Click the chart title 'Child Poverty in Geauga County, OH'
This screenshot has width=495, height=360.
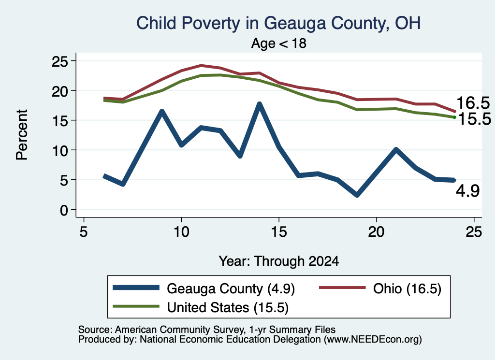point(278,23)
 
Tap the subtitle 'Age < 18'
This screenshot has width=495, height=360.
point(279,43)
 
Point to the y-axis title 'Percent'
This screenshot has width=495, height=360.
point(22,135)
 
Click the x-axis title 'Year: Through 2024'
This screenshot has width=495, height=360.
point(279,261)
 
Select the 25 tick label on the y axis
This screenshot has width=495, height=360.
point(60,61)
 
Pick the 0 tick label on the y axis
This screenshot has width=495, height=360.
point(64,210)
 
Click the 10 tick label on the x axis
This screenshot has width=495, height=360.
point(181,232)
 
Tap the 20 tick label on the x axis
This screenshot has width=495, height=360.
point(376,232)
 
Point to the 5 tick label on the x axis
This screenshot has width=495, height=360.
point(83,232)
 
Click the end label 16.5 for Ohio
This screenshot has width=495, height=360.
point(473,103)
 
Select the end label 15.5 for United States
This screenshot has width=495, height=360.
point(475,119)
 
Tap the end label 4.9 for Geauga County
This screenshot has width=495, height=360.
point(468,191)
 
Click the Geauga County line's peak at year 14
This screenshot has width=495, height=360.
point(260,104)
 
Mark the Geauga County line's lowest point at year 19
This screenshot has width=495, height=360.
point(357,195)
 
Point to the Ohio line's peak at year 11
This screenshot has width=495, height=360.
point(201,66)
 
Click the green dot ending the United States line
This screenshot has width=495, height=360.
point(454,117)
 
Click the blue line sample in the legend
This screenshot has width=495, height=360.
point(136,288)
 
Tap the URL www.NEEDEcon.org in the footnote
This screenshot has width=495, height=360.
point(373,340)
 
